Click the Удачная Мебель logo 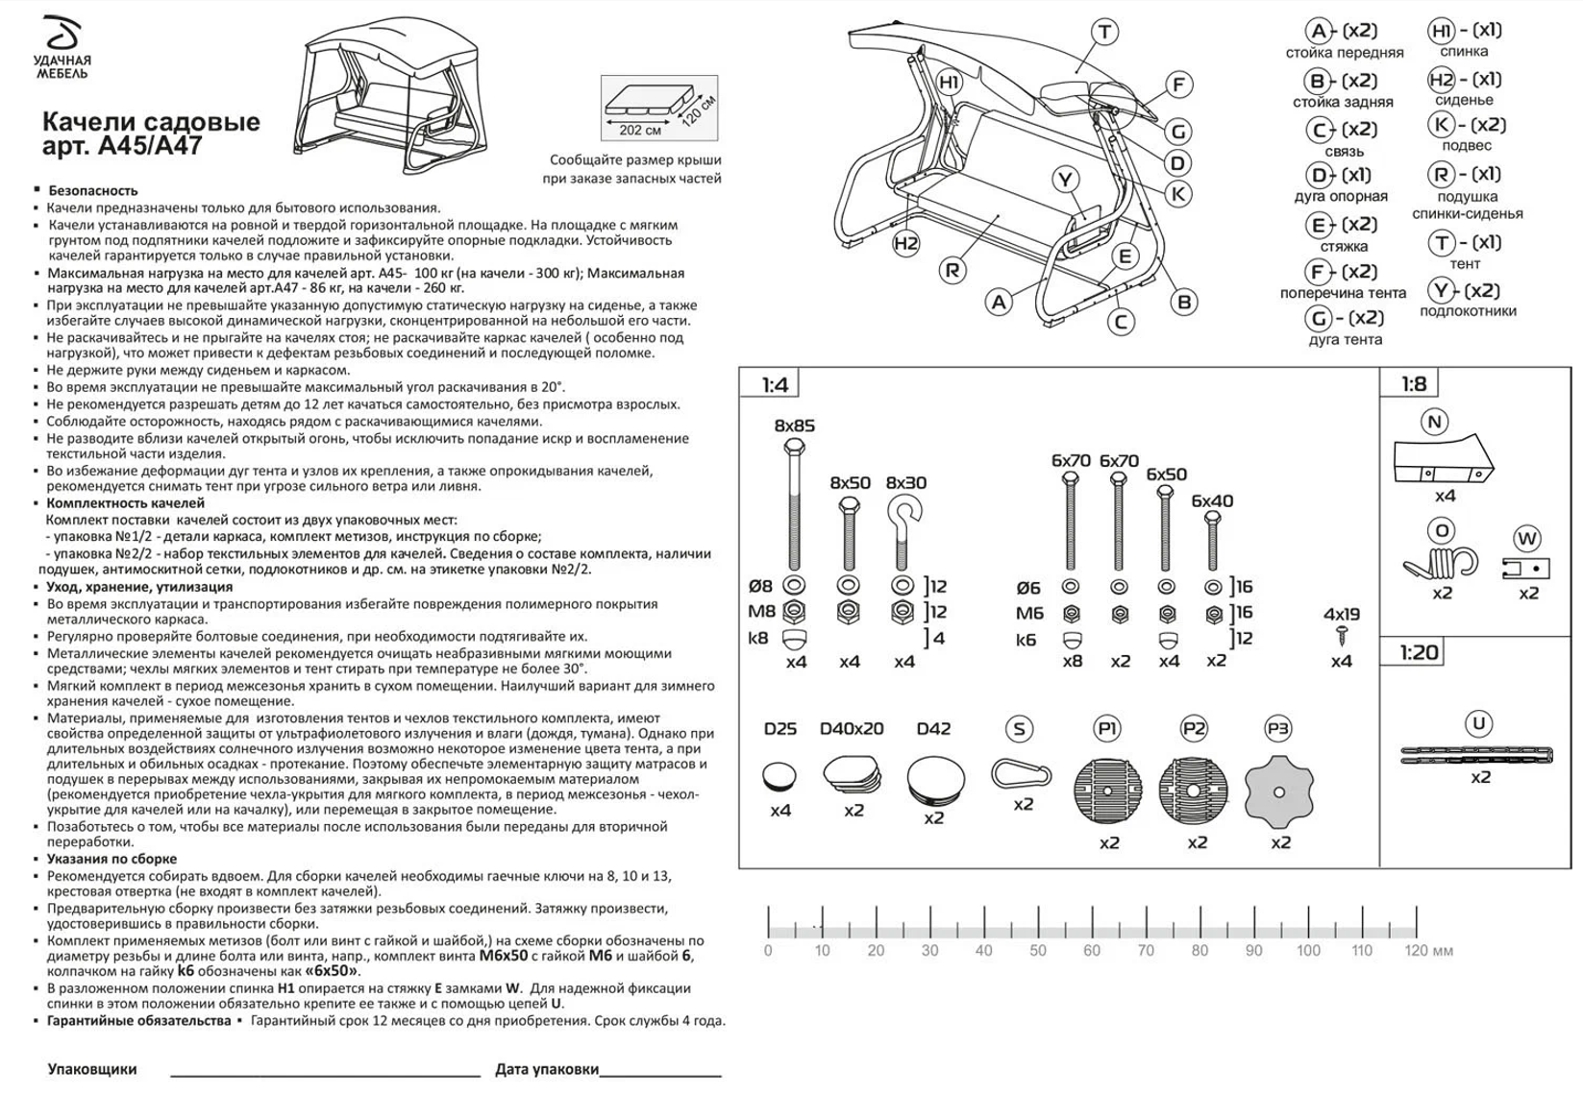point(62,48)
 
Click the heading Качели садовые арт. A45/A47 point(151,134)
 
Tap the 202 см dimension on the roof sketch point(639,130)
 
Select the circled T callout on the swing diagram point(1104,32)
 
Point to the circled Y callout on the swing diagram point(1064,179)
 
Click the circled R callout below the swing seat point(952,271)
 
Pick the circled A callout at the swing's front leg point(999,302)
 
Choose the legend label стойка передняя point(1344,53)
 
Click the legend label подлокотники point(1468,311)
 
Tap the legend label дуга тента point(1345,339)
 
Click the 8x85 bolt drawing point(794,504)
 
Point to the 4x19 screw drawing point(1342,635)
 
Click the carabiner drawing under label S point(1021,773)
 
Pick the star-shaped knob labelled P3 point(1278,792)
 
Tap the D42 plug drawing point(934,779)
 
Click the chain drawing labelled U point(1477,756)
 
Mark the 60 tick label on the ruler point(1092,951)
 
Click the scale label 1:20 point(1418,653)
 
